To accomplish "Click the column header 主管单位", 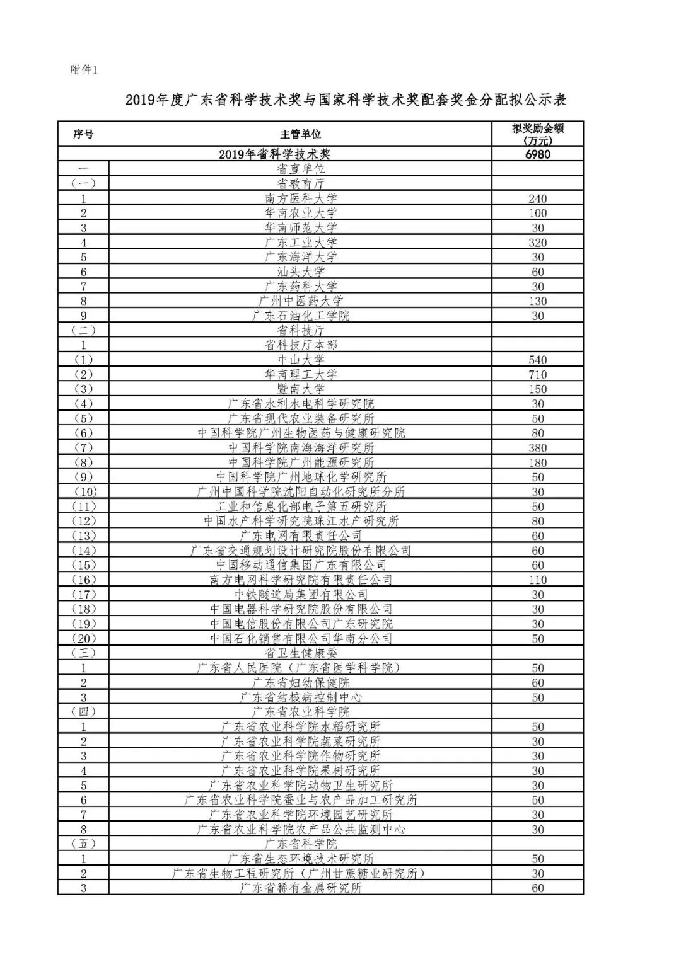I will tap(301, 134).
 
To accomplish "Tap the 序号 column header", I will tap(83, 134).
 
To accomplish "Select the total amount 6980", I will tap(537, 154).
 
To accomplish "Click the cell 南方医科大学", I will tap(301, 198).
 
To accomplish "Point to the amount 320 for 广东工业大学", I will tap(537, 243).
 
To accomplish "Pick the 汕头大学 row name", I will tap(301, 272).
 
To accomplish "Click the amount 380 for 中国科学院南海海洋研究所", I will tap(537, 448).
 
